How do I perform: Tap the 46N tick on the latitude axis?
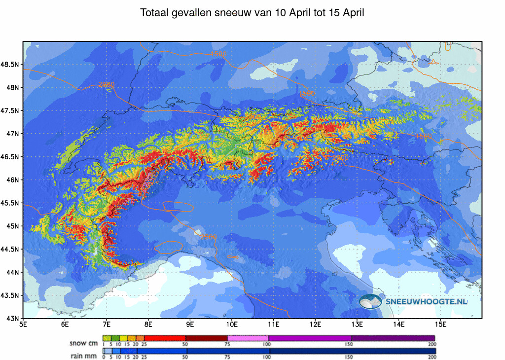[x=12, y=180]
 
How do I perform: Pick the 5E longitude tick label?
[x=23, y=324]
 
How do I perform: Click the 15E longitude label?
[x=441, y=324]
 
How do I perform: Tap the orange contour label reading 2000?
[x=106, y=85]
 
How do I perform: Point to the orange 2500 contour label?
[x=208, y=237]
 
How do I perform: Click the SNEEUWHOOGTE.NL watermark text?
[x=427, y=301]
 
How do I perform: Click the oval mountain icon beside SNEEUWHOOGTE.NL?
[x=370, y=301]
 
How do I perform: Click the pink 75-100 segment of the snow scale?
[x=248, y=338]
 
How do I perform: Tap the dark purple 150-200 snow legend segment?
[x=393, y=338]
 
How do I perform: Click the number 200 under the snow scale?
[x=433, y=344]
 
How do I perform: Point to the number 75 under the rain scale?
[x=227, y=357]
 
